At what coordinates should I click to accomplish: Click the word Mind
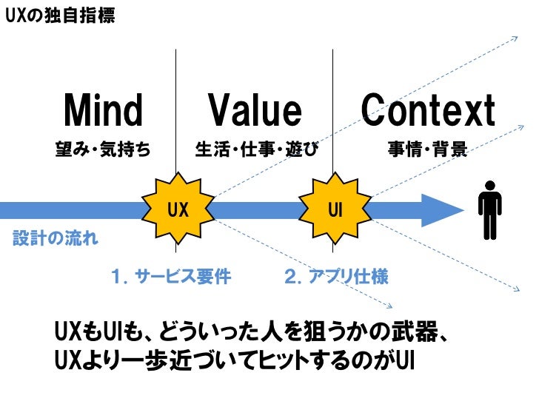tap(104, 111)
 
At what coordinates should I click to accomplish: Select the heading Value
tap(255, 111)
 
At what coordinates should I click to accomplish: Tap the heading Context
tap(428, 111)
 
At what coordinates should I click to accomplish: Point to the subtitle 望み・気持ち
tap(104, 150)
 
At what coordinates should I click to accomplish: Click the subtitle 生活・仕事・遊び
tap(255, 150)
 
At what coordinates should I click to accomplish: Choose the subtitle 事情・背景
tap(428, 150)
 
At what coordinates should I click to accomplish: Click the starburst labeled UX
tap(178, 209)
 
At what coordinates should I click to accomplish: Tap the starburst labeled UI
tap(335, 209)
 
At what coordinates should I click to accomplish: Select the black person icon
tap(489, 212)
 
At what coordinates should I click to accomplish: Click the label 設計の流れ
tap(56, 239)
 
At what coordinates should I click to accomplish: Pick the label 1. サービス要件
tap(170, 277)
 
